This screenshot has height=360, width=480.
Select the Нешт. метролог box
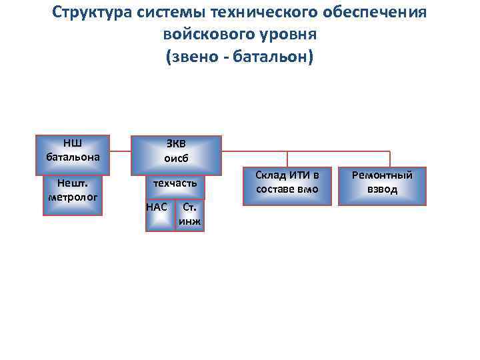(x=73, y=195)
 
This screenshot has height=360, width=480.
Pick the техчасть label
(x=175, y=182)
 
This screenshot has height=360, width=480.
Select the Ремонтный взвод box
(x=382, y=185)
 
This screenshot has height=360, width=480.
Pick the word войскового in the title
(x=203, y=34)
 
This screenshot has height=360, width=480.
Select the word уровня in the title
(x=289, y=34)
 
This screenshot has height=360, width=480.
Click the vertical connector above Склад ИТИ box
(x=287, y=159)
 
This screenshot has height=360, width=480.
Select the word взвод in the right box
(x=382, y=190)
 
